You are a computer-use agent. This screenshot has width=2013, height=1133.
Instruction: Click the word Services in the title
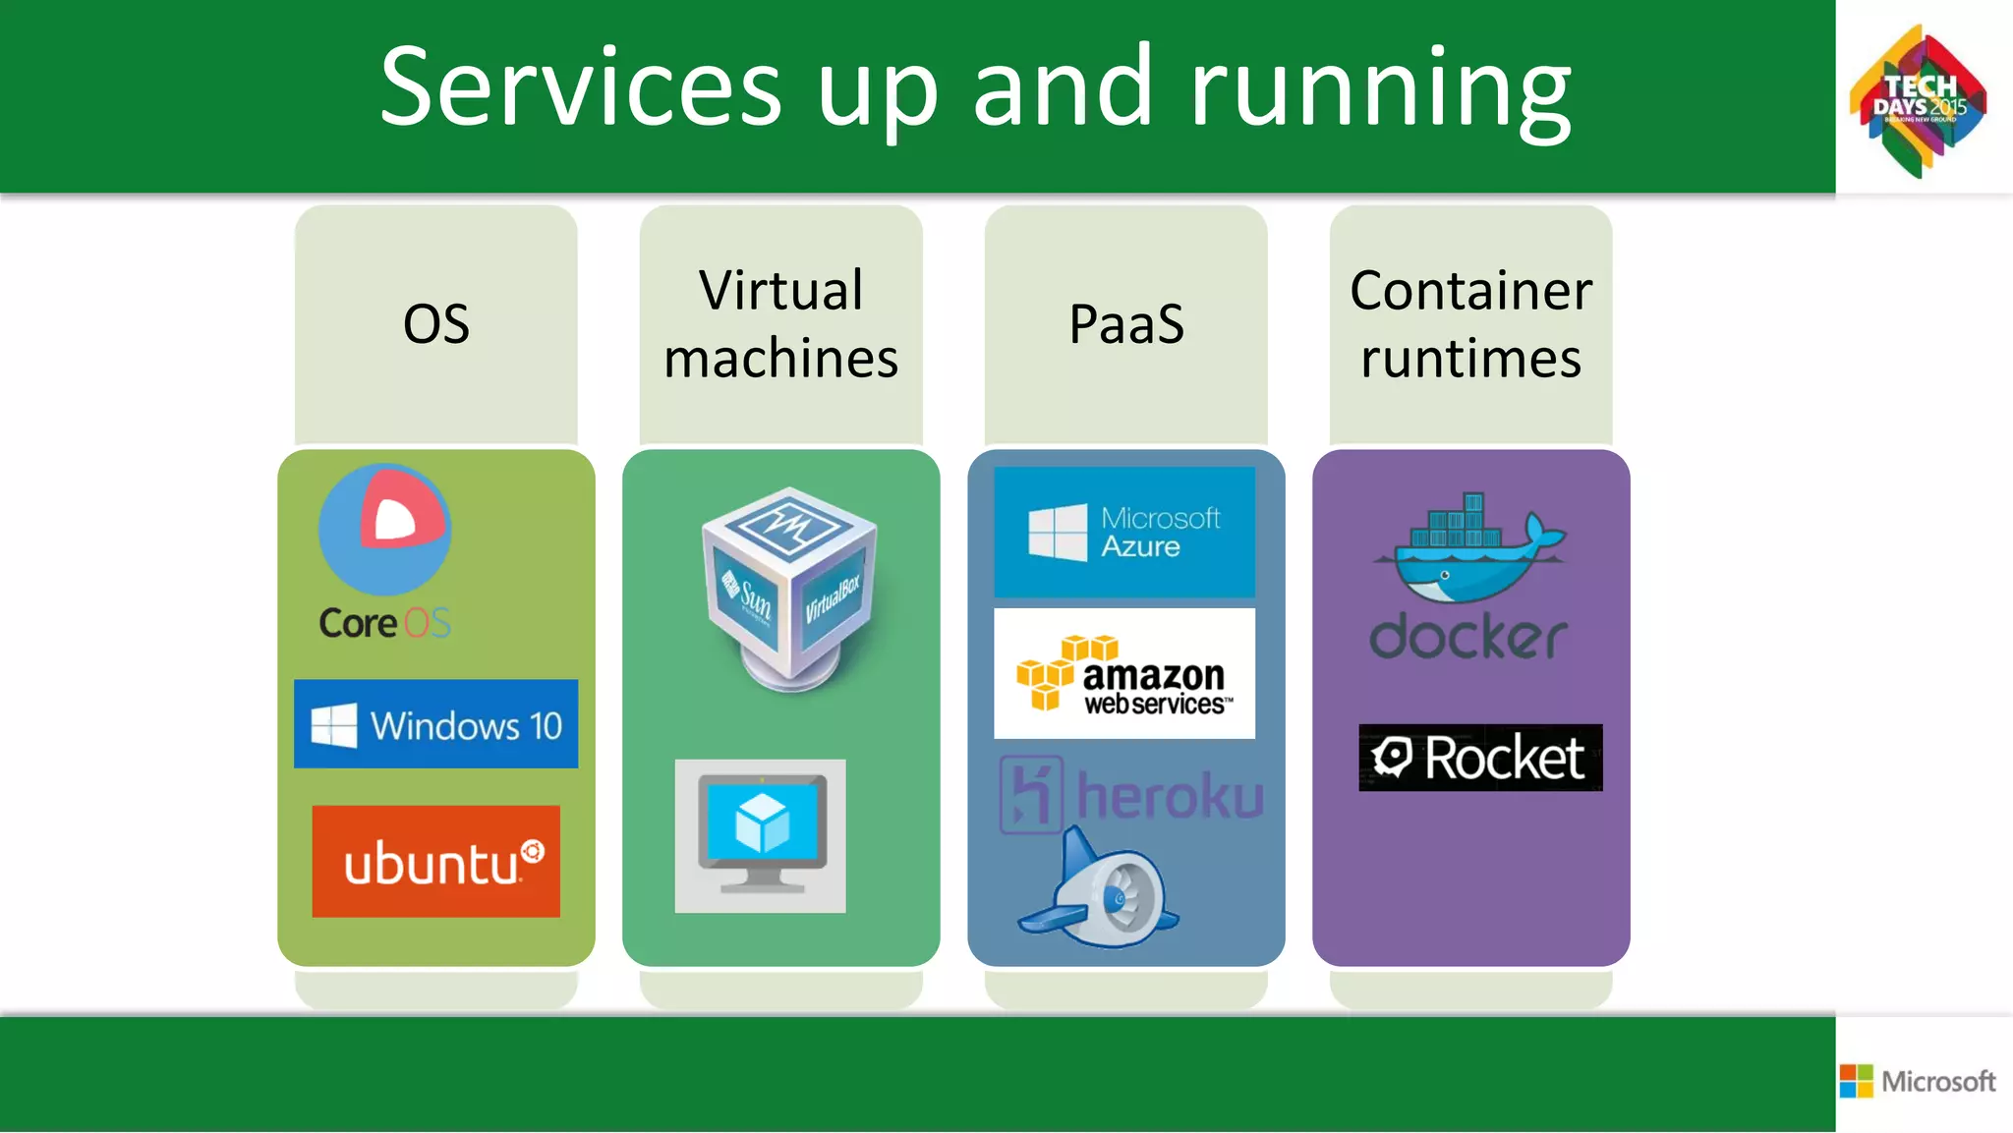tap(580, 88)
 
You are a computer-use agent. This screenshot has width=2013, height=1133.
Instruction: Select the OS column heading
tap(435, 324)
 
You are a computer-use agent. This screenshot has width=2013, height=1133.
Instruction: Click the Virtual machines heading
tap(780, 324)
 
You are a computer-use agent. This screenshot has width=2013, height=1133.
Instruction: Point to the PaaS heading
tap(1126, 324)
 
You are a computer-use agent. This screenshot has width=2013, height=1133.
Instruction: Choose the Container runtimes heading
tap(1470, 324)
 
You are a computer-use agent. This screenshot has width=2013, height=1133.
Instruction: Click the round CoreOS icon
tap(385, 529)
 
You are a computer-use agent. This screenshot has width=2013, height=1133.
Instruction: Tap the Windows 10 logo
tap(435, 724)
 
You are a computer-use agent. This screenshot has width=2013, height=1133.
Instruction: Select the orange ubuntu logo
tap(435, 862)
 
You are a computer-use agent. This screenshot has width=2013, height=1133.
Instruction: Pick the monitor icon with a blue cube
tap(760, 835)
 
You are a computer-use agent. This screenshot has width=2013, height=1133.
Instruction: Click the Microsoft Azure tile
tap(1124, 532)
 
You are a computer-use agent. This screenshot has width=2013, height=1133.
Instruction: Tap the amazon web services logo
tap(1124, 674)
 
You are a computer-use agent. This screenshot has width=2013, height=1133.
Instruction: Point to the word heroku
tap(1169, 795)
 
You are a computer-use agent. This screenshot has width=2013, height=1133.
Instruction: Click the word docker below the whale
tap(1467, 637)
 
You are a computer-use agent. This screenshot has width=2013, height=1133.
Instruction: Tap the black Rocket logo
tap(1480, 758)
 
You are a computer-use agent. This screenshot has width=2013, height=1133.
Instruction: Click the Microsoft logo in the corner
tap(1918, 1081)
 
